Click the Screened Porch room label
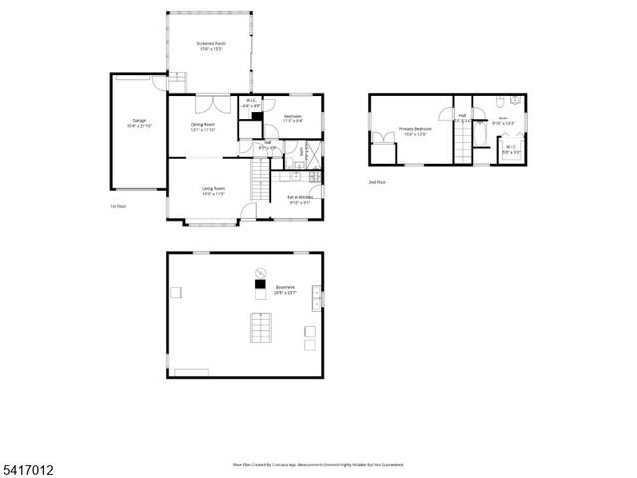pos(209,45)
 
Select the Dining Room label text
pos(203,126)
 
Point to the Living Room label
pos(213,190)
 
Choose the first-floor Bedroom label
pos(293,119)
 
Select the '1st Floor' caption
pos(117,206)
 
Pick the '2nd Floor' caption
pos(377,182)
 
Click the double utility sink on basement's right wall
pos(317,294)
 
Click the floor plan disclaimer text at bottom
pos(318,464)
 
